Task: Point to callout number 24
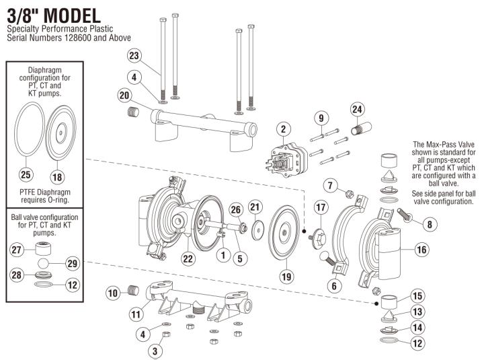tap(357, 109)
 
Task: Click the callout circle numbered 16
tap(421, 250)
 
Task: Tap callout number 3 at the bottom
tap(156, 350)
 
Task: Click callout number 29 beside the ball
tap(72, 262)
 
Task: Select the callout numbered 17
tap(321, 207)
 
